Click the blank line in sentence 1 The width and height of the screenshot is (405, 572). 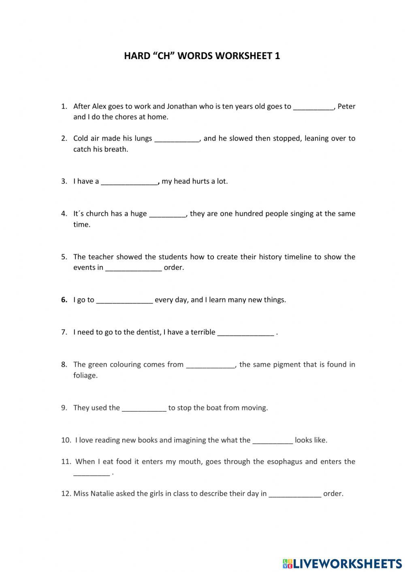tap(313, 107)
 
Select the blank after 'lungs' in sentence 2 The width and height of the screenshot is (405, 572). tap(177, 139)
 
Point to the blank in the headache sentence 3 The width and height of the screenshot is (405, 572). tap(129, 182)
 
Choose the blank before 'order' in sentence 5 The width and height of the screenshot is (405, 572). tap(134, 268)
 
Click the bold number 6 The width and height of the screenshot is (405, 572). tap(64, 300)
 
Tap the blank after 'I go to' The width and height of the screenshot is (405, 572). tap(124, 301)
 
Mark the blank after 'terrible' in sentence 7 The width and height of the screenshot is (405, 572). tap(245, 333)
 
